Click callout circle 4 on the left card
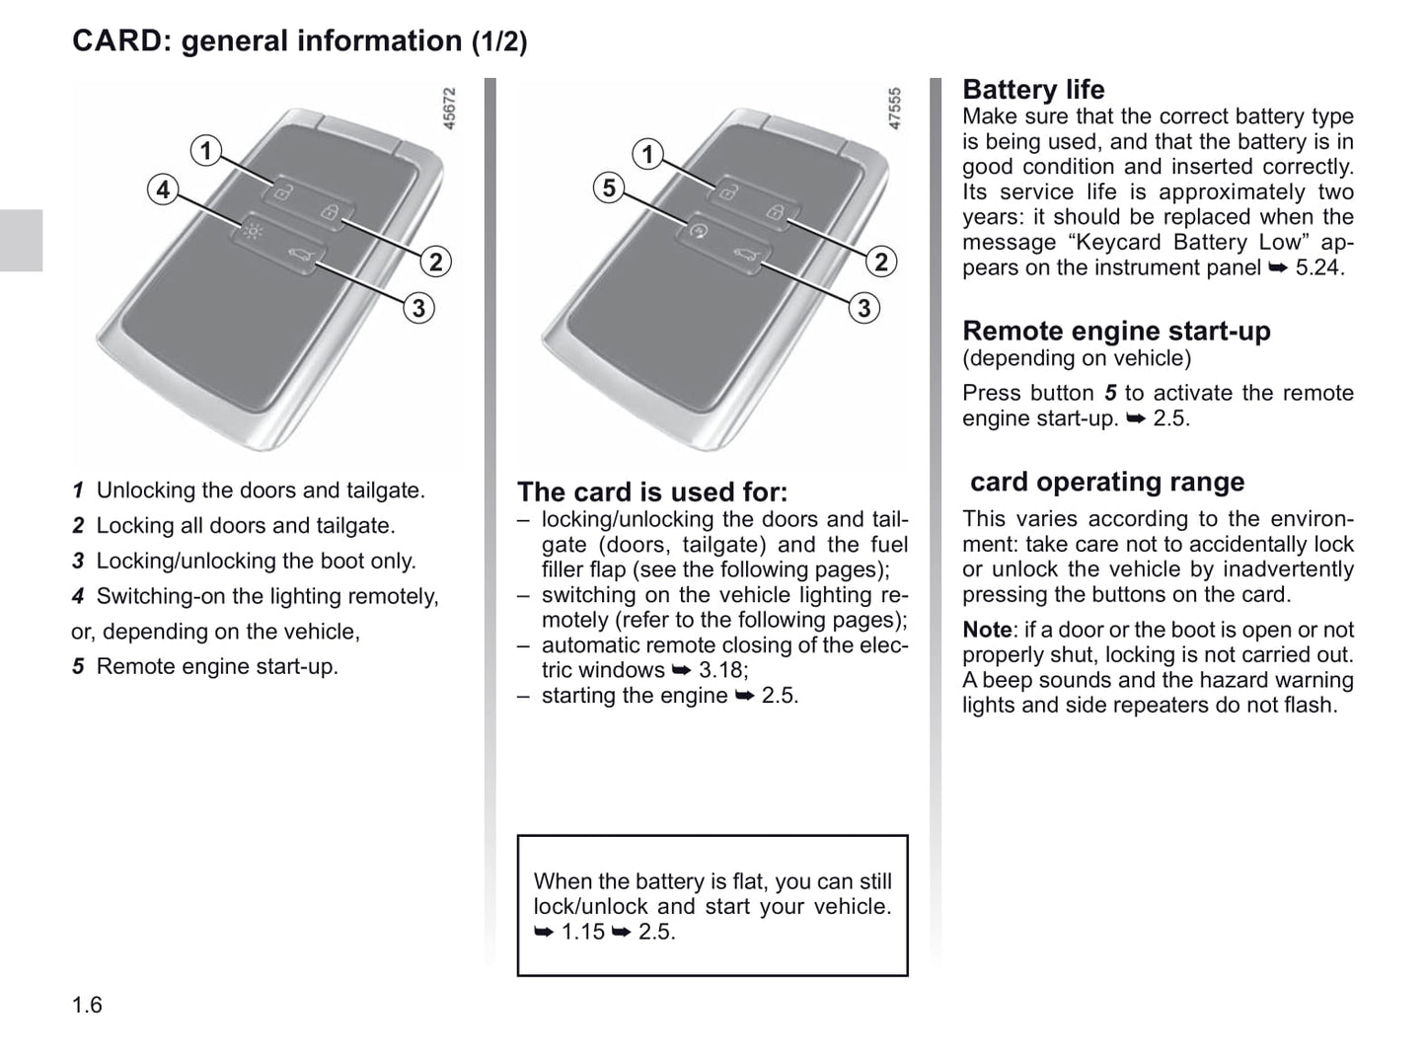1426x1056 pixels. pos(163,189)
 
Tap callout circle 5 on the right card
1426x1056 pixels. pos(609,188)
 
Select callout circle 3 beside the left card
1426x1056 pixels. pos(418,308)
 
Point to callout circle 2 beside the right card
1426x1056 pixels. pos(881,262)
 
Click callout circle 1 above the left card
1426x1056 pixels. pos(205,151)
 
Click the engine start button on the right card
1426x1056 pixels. pos(698,232)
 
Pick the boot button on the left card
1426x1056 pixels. pos(297,258)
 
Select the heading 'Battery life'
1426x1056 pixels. pos(1032,90)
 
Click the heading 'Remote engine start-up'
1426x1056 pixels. pos(1116,331)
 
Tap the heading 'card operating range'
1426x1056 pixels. pos(1106,482)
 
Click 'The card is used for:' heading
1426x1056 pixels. pos(652,491)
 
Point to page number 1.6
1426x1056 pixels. pos(87,1005)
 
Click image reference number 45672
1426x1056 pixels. pos(449,109)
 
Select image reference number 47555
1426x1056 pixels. pos(895,109)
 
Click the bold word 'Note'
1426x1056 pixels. pos(987,630)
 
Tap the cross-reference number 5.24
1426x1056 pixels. pos(1318,267)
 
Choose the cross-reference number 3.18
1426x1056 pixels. pos(722,670)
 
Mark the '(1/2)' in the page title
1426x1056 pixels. pos(498,41)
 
